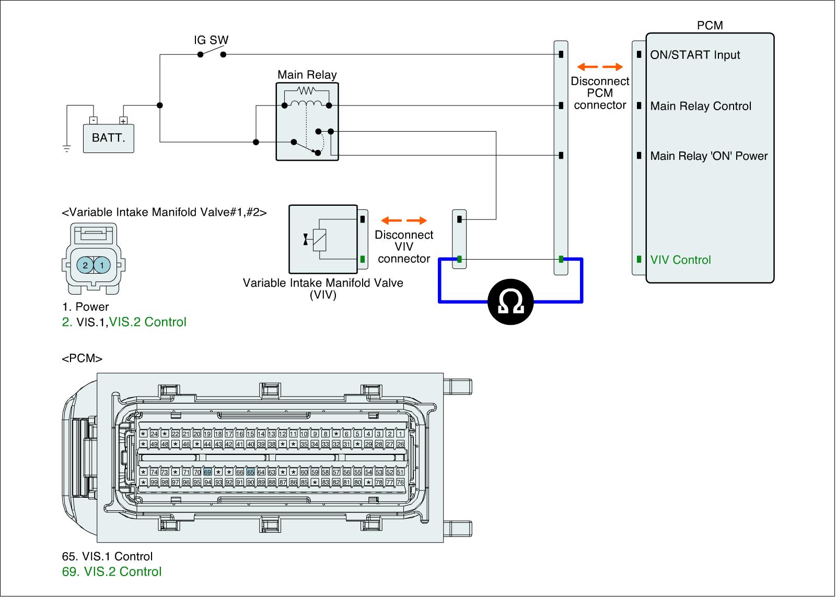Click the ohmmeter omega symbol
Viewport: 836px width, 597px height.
tap(510, 302)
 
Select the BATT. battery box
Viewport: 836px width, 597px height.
tap(108, 138)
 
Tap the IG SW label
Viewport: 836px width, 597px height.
tap(211, 40)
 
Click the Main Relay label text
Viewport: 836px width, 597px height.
tap(307, 75)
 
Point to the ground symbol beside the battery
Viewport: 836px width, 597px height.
tap(67, 148)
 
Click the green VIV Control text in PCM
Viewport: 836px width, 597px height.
tap(680, 260)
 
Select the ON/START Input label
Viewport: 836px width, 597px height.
tap(695, 55)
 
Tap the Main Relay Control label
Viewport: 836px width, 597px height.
tap(701, 106)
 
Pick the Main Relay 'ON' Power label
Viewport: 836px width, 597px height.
tap(709, 156)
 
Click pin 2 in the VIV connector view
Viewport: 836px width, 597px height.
tap(85, 265)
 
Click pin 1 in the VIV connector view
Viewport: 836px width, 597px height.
tap(102, 265)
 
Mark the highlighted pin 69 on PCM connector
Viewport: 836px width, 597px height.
tap(207, 472)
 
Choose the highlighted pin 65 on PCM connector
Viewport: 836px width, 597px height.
tap(250, 472)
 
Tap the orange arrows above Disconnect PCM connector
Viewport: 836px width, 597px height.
tap(600, 67)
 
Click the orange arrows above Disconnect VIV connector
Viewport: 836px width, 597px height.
tap(404, 220)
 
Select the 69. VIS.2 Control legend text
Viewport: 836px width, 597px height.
tap(112, 571)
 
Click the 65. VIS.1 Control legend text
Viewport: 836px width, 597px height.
tap(107, 556)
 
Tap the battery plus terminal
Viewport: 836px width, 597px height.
tap(123, 120)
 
